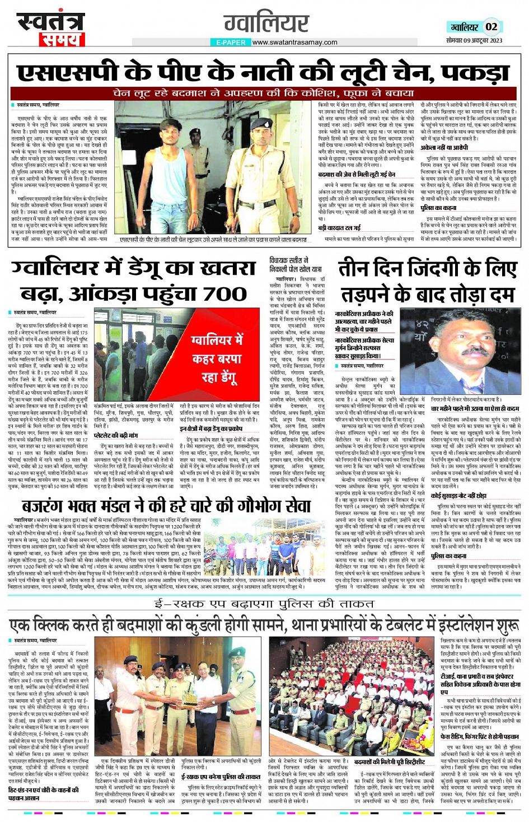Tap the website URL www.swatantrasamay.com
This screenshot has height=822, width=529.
[294, 42]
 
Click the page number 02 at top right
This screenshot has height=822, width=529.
[491, 27]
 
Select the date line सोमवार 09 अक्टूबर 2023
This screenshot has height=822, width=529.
[474, 40]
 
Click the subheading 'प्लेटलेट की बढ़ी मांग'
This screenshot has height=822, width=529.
[115, 435]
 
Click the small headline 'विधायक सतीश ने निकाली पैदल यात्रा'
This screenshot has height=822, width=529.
[295, 265]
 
